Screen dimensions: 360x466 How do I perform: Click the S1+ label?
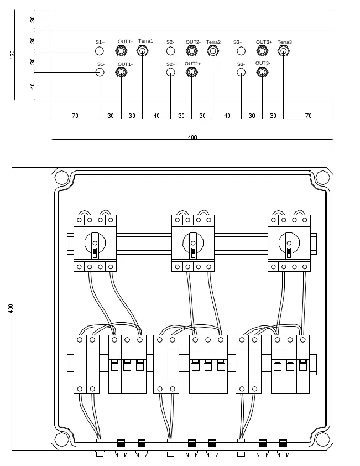click(100, 42)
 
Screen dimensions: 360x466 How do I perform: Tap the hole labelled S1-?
click(100, 72)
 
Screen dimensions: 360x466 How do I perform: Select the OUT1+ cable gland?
click(121, 51)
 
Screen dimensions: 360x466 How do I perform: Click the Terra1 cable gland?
click(142, 51)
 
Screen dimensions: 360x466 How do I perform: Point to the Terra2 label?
click(213, 42)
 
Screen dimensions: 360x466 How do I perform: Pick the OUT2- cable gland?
click(191, 51)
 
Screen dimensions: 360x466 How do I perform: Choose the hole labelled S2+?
click(170, 72)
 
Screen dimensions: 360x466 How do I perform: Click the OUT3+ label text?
click(264, 42)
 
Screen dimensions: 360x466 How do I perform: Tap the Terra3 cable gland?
click(283, 51)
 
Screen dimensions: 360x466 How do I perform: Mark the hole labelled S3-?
click(241, 72)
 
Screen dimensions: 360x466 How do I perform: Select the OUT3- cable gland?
click(262, 72)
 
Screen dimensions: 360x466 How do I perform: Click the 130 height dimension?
click(13, 55)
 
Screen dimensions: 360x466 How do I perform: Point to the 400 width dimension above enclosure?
click(192, 137)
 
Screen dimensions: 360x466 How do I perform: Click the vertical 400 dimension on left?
click(11, 308)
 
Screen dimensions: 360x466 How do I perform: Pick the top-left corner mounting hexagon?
click(62, 178)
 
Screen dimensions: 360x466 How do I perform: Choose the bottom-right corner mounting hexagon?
click(322, 439)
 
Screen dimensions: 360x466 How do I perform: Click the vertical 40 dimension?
click(33, 86)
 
